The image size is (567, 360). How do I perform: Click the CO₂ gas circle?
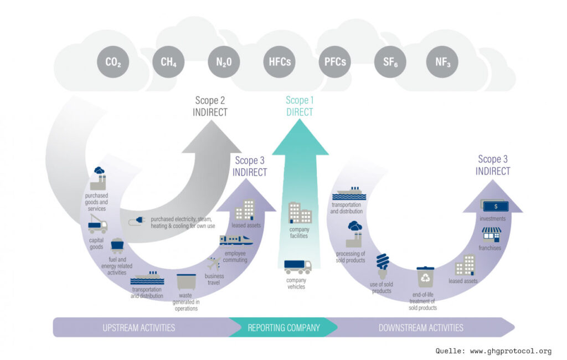[x=113, y=62]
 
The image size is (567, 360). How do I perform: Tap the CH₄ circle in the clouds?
[x=168, y=62]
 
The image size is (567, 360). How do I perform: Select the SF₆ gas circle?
[x=390, y=62]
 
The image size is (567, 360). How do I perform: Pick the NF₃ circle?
[x=442, y=62]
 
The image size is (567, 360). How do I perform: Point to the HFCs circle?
[x=279, y=62]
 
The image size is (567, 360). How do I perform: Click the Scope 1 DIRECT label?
[x=299, y=106]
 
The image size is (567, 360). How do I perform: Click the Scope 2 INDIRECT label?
[x=210, y=106]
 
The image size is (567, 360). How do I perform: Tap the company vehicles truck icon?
[x=298, y=267]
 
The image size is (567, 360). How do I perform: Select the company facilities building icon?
[x=300, y=213]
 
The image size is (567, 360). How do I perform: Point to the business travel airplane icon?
[x=213, y=264]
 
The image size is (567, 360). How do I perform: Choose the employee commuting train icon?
[x=236, y=240]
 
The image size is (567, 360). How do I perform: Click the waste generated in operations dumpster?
[x=186, y=282]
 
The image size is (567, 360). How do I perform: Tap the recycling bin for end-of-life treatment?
[x=425, y=277]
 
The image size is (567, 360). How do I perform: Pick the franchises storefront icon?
[x=491, y=234]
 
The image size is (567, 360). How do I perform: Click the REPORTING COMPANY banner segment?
[x=283, y=327]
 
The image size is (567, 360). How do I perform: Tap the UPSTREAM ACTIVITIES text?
[x=139, y=327]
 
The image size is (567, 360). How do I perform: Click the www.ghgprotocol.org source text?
[x=510, y=351]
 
